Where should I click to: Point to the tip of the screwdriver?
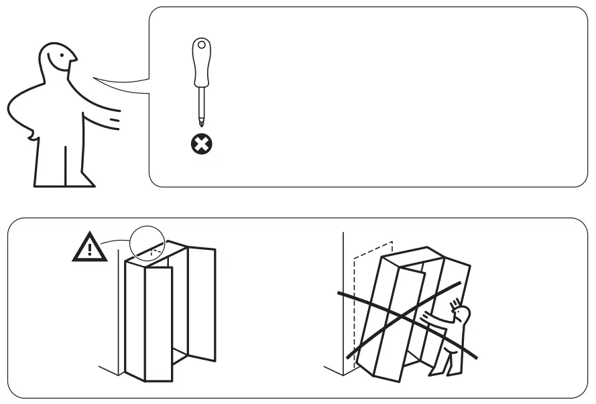tap(199, 125)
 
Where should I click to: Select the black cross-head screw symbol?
tap(199, 143)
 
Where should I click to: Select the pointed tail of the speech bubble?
tap(101, 81)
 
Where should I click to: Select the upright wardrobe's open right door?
tap(201, 301)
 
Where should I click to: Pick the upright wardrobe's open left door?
tap(159, 322)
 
